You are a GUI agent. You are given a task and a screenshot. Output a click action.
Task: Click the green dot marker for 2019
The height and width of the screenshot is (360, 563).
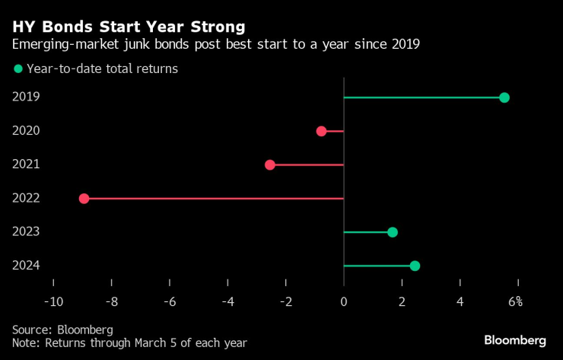504,97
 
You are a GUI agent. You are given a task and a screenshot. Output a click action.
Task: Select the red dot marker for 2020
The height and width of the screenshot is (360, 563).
321,131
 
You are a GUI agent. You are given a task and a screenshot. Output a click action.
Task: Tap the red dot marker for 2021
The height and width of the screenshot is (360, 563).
269,164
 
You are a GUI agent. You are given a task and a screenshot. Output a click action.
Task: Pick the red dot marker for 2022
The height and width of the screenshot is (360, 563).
84,199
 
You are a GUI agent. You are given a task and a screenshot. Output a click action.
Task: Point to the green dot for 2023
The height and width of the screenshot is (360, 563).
393,232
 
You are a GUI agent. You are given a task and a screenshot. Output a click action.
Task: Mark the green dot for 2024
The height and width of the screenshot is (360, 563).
415,266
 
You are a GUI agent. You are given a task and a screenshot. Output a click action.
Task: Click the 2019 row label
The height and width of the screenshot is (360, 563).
26,97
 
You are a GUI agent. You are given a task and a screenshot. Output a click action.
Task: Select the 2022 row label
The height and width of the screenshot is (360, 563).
26,198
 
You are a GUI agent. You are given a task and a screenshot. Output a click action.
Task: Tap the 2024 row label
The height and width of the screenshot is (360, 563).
26,265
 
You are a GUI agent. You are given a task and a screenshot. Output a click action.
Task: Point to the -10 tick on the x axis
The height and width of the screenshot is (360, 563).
53,302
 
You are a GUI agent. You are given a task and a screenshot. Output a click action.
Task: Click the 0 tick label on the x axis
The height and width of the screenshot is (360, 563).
344,302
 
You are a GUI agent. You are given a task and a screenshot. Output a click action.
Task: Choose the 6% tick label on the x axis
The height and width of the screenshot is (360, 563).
515,302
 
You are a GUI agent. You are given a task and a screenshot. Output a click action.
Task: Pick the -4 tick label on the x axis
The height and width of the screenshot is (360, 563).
227,302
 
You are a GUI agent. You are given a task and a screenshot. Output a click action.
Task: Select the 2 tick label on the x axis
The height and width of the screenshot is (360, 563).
402,302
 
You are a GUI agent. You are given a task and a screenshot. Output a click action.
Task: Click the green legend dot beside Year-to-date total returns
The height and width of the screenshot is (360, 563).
17,68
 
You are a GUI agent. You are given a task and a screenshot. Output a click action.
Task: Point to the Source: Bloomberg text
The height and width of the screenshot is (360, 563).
62,330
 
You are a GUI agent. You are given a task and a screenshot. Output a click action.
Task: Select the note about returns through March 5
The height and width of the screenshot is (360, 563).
129,343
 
